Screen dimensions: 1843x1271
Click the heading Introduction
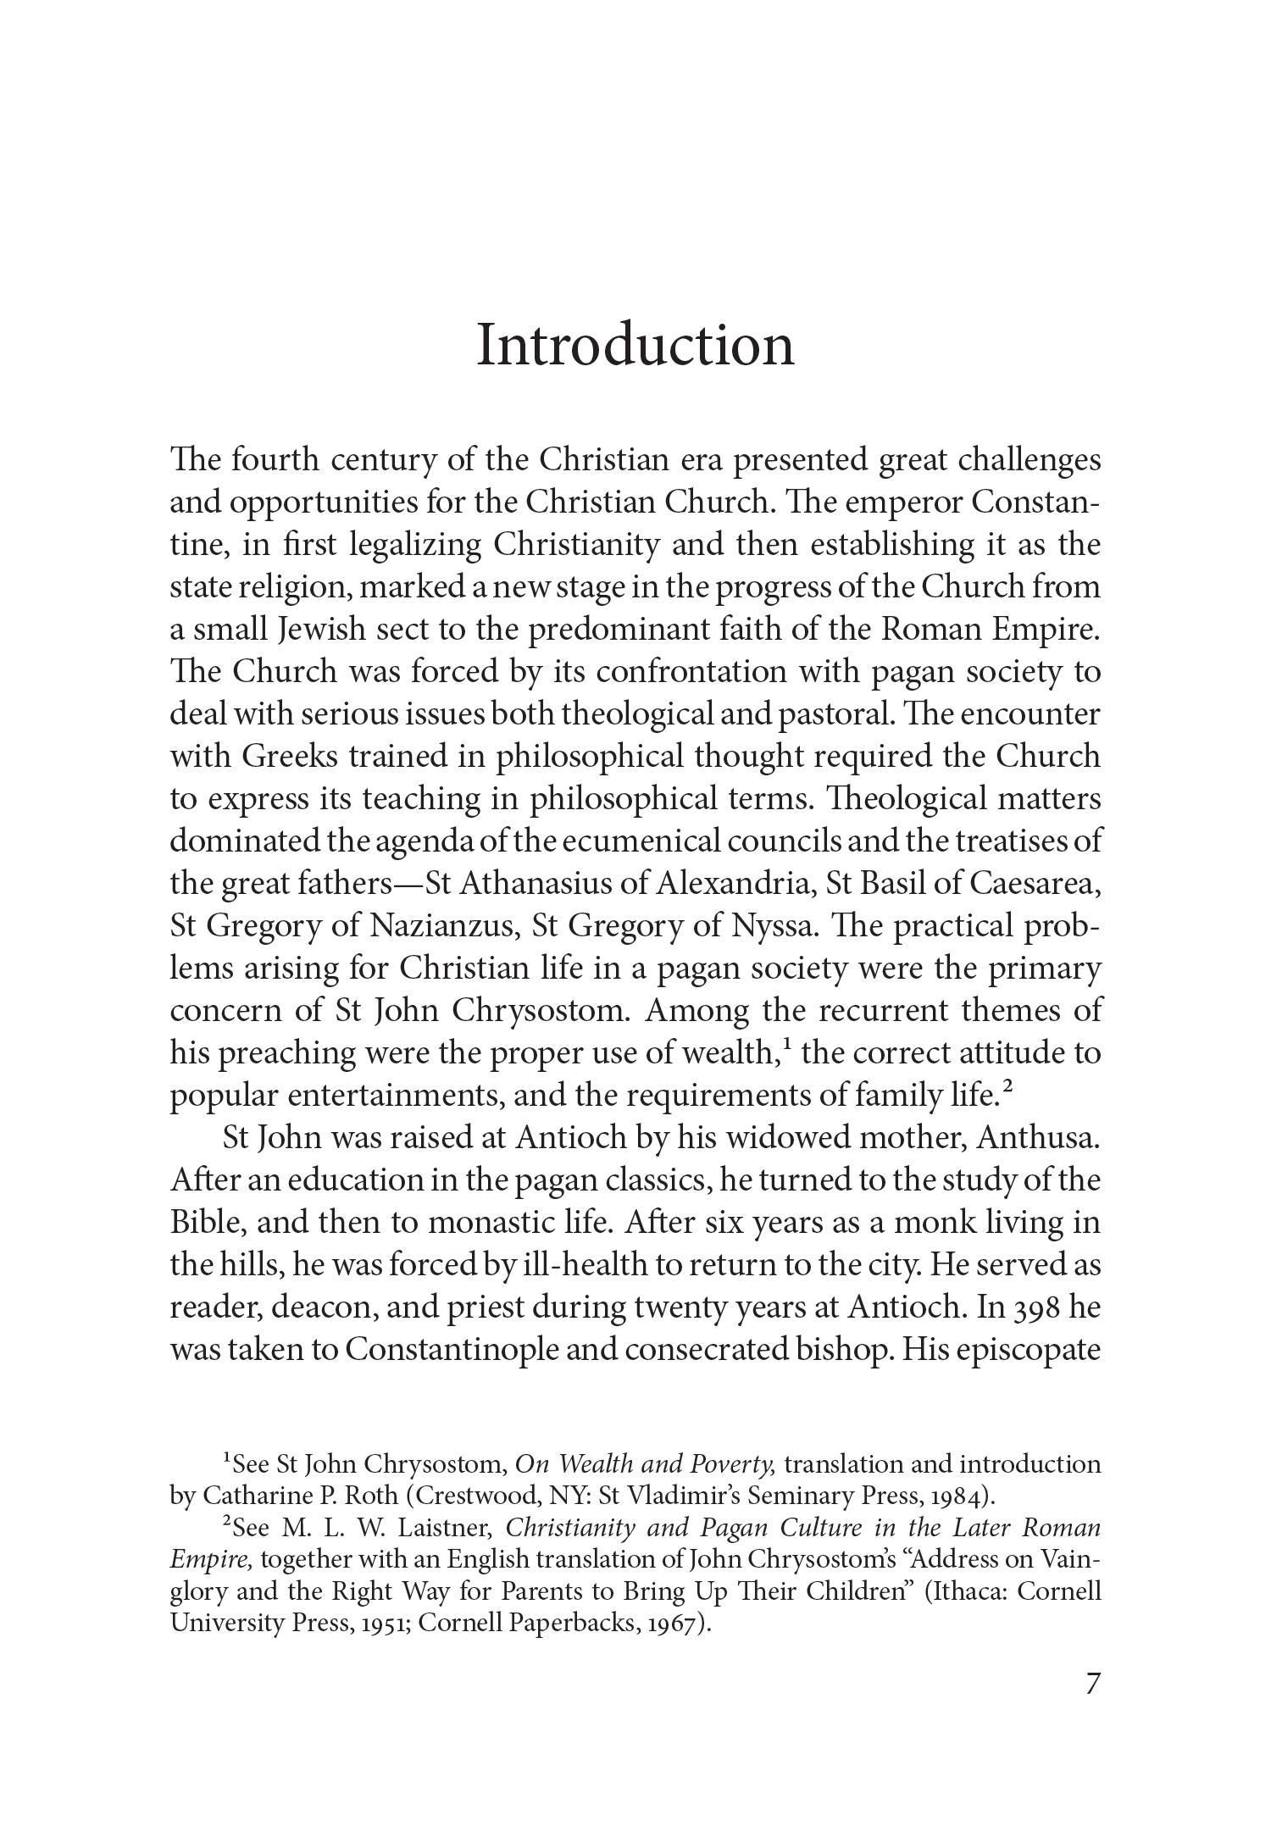pyautogui.click(x=635, y=347)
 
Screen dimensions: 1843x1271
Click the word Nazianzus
pyautogui.click(x=443, y=926)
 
